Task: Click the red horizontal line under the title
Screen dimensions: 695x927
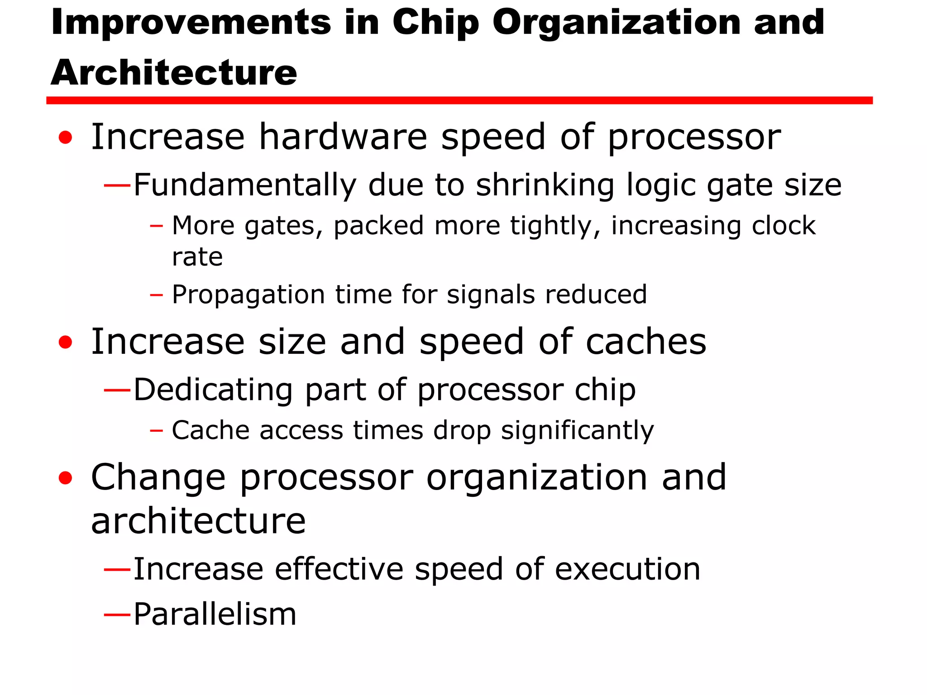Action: [x=459, y=100]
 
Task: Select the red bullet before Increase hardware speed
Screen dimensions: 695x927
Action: [x=66, y=138]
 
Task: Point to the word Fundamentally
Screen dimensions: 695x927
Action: [x=245, y=185]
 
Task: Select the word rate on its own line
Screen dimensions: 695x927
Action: [x=197, y=257]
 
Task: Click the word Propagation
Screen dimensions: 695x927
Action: [x=248, y=295]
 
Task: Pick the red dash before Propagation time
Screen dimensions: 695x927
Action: [x=156, y=295]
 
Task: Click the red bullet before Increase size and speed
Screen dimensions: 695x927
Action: [x=66, y=342]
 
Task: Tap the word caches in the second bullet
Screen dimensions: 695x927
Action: [x=646, y=342]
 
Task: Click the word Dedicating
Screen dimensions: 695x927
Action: [x=213, y=390]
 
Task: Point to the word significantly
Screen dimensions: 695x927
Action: [x=577, y=430]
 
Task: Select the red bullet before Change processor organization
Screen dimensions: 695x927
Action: [x=66, y=478]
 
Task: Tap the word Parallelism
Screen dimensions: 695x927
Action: [x=215, y=614]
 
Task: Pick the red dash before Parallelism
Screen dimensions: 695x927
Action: [x=117, y=614]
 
